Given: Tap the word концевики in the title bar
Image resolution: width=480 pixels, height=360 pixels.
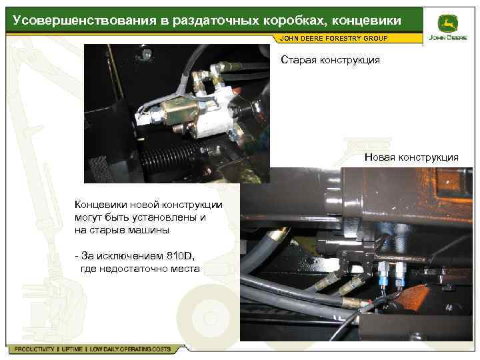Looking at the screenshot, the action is click(x=367, y=21).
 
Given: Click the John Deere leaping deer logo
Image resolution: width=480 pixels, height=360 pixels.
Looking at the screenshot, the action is click(x=447, y=24).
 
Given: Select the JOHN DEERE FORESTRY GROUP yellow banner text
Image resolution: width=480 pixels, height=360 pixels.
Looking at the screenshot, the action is click(x=334, y=39).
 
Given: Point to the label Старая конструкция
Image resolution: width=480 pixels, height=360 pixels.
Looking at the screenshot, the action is click(x=330, y=60).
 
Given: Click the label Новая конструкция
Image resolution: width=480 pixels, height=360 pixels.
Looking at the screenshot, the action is click(x=411, y=157).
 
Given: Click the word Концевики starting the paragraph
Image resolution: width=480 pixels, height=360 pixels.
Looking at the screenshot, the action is click(x=101, y=205).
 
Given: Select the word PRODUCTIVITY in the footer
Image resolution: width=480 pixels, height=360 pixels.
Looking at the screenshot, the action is click(x=34, y=349).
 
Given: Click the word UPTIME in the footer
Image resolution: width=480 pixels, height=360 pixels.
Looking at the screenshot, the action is click(x=72, y=349).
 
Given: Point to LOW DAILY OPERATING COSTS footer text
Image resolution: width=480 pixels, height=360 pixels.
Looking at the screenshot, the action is click(x=130, y=349).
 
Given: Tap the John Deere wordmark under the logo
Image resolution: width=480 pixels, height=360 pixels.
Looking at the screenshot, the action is click(x=448, y=37).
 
